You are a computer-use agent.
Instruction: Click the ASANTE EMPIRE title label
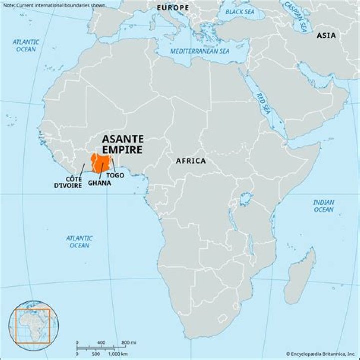[122, 144]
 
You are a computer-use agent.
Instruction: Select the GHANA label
[99, 183]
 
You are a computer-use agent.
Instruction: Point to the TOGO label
[115, 175]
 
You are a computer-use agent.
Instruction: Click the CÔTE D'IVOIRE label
[68, 182]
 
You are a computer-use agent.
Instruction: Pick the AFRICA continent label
[190, 161]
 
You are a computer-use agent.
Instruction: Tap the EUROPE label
[173, 8]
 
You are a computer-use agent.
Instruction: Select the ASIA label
[326, 35]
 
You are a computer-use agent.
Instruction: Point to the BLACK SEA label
[239, 11]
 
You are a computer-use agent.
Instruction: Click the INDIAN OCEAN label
[323, 206]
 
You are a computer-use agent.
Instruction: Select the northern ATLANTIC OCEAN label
[26, 45]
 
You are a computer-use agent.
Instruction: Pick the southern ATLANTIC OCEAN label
[79, 242]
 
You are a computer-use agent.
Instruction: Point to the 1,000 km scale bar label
[118, 353]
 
